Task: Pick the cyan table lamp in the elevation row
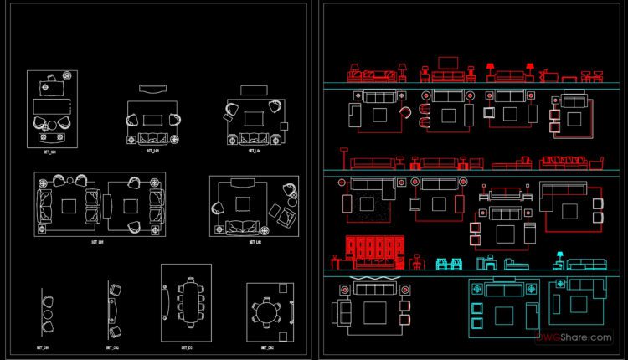pyautogui.click(x=559, y=257)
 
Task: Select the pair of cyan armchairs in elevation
pyautogui.click(x=450, y=265)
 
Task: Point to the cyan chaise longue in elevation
pyautogui.click(x=513, y=265)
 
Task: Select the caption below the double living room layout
pyautogui.click(x=97, y=242)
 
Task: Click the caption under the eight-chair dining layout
pyautogui.click(x=186, y=347)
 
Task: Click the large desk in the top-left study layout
pyautogui.click(x=52, y=107)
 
